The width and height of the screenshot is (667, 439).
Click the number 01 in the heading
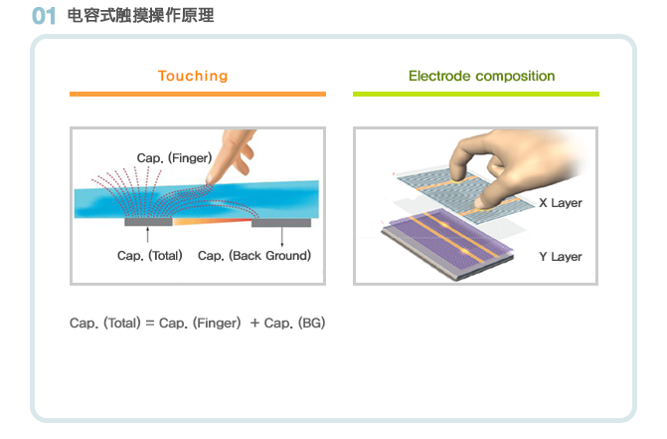pyautogui.click(x=44, y=16)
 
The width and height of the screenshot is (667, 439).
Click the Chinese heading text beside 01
pyautogui.click(x=141, y=15)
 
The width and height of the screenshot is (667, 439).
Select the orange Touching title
pyautogui.click(x=193, y=76)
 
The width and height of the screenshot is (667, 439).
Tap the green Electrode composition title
pyautogui.click(x=481, y=76)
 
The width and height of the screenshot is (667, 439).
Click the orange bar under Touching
pyautogui.click(x=198, y=94)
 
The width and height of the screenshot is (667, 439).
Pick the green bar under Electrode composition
pyautogui.click(x=476, y=94)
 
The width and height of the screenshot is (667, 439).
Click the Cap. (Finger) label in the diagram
pyautogui.click(x=174, y=158)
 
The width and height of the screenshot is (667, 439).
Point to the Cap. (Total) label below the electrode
pyautogui.click(x=150, y=256)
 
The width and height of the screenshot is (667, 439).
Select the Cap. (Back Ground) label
pyautogui.click(x=254, y=256)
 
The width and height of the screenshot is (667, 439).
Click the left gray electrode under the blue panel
pyautogui.click(x=148, y=222)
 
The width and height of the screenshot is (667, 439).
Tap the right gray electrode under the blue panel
pyautogui.click(x=281, y=223)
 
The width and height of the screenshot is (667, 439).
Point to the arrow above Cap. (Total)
pyautogui.click(x=147, y=235)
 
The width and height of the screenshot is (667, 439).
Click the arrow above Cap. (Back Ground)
pyautogui.click(x=282, y=237)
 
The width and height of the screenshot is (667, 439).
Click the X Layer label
pyautogui.click(x=561, y=203)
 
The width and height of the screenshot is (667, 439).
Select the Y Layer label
pyautogui.click(x=561, y=257)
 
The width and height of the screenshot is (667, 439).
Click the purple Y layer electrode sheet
pyautogui.click(x=448, y=242)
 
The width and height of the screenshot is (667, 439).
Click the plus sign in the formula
pyautogui.click(x=254, y=324)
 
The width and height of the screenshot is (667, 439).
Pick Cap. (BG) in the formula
pyautogui.click(x=294, y=324)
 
